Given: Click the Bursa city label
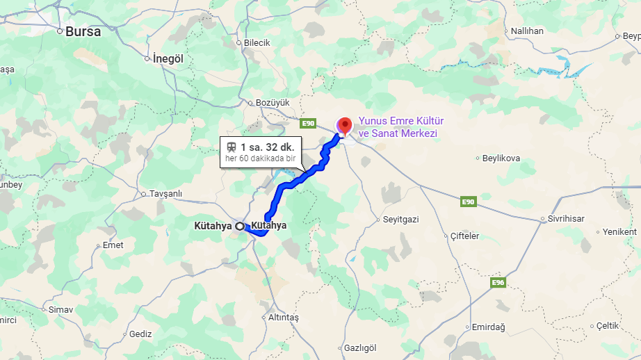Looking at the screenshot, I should click(x=83, y=31).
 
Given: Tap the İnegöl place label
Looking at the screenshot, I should click(x=168, y=58).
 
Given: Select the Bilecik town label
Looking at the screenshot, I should click(x=257, y=42).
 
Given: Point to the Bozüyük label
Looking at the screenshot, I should click(x=272, y=102).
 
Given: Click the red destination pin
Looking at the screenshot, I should click(x=344, y=126).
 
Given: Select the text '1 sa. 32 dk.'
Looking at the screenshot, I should click(x=267, y=147).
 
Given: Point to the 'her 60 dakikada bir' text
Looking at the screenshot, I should click(x=260, y=159).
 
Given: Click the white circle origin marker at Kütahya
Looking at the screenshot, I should click(x=240, y=226).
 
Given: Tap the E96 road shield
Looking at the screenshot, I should click(x=498, y=283).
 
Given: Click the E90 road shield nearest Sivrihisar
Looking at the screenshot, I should click(x=468, y=202).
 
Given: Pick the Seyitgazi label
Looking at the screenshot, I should click(x=400, y=219).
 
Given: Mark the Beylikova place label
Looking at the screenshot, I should click(x=501, y=158).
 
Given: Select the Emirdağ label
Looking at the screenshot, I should click(x=488, y=327).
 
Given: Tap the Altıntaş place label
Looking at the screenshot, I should click(x=283, y=317).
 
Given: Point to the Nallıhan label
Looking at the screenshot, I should click(x=527, y=31).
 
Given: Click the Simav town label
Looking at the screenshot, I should click(x=61, y=309).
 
